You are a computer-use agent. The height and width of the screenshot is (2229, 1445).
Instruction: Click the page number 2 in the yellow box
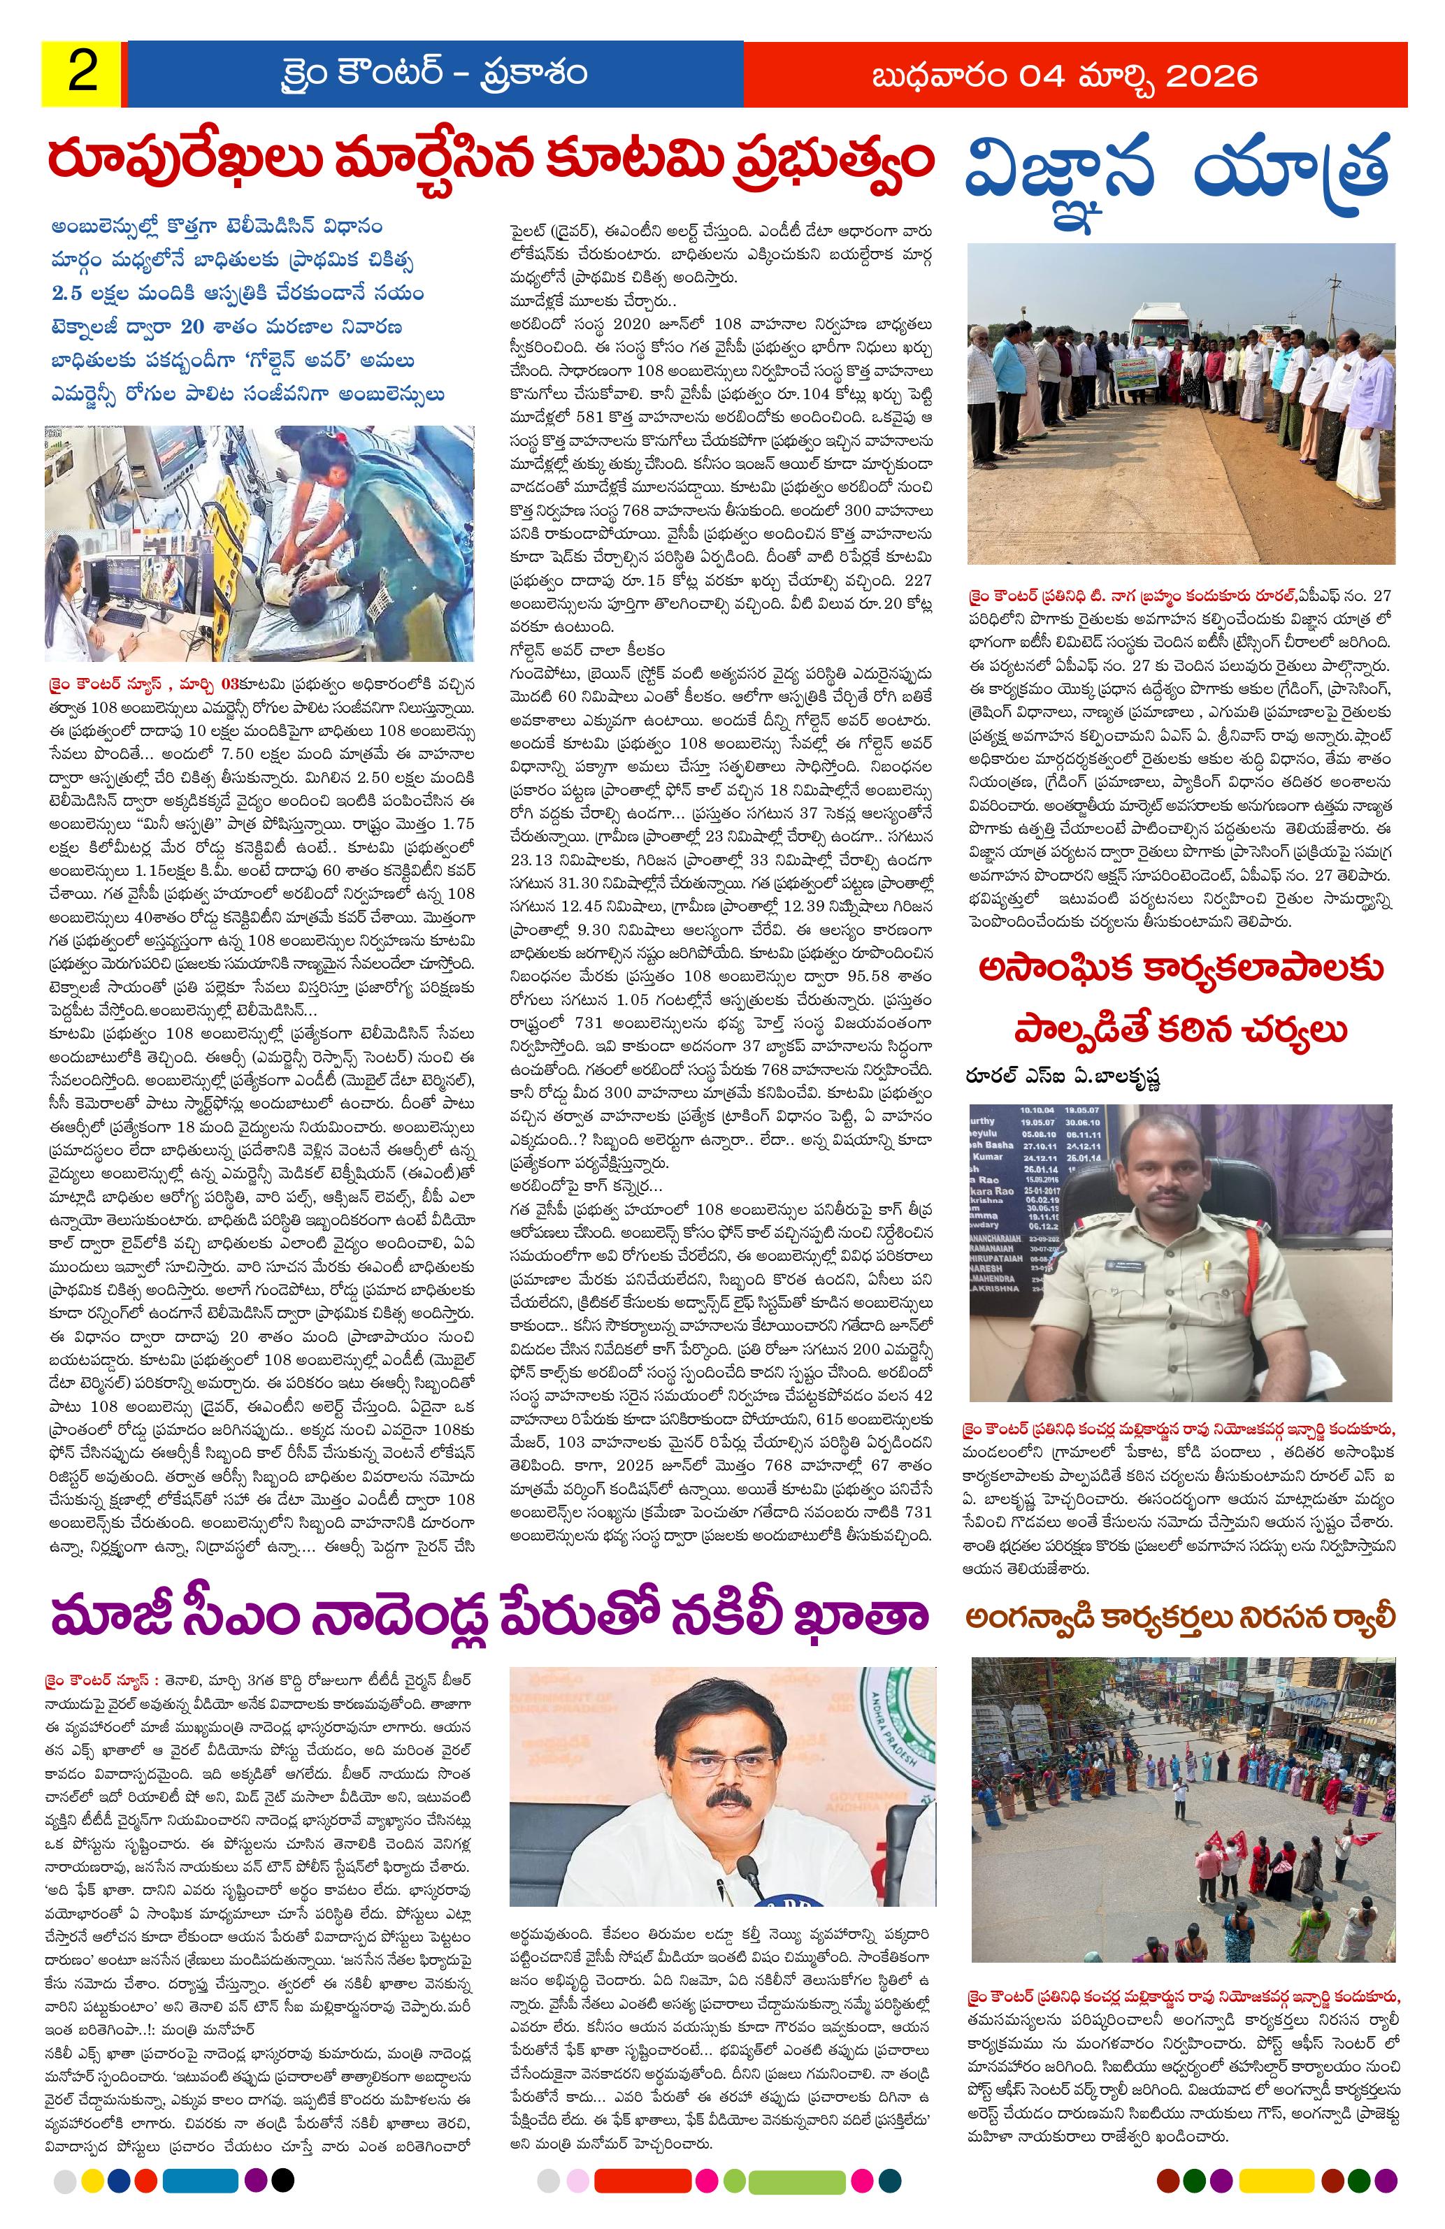pyautogui.click(x=82, y=74)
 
